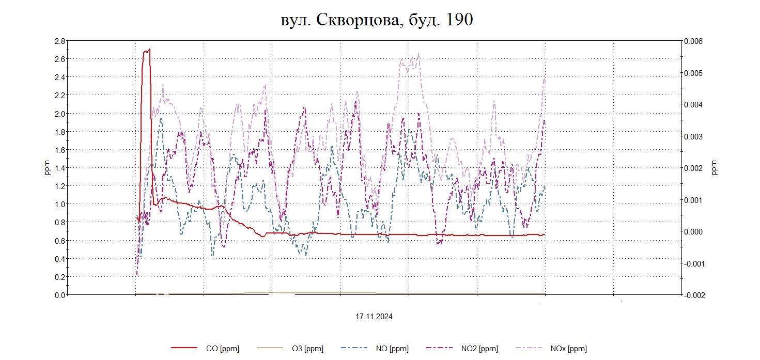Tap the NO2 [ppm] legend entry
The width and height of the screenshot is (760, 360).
[479, 349]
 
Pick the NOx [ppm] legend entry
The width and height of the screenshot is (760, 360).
[569, 349]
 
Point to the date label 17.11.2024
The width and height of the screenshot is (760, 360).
[374, 317]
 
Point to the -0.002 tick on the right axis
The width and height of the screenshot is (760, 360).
[693, 295]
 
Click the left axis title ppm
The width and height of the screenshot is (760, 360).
[47, 168]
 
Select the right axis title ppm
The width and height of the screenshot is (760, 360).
[715, 168]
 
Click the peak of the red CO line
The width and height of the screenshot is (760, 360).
[149, 50]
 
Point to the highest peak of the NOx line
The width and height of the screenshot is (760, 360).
[418, 53]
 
